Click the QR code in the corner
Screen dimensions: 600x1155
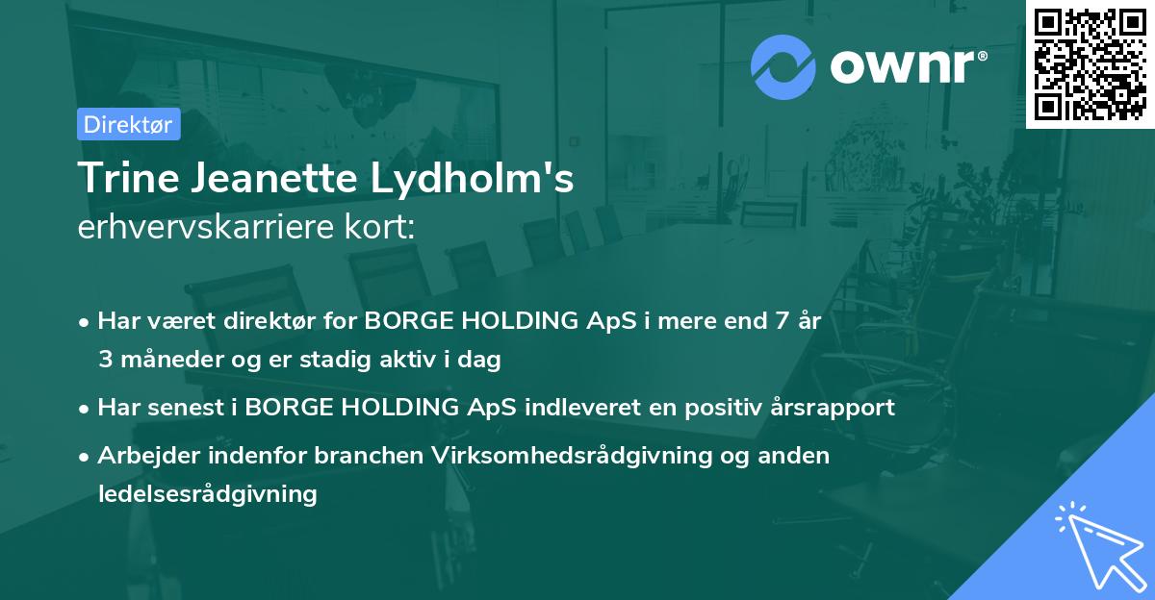click(1091, 64)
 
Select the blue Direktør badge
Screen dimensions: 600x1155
click(128, 124)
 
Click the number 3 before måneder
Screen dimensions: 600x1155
click(104, 361)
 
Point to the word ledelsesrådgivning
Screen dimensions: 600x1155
click(207, 494)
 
